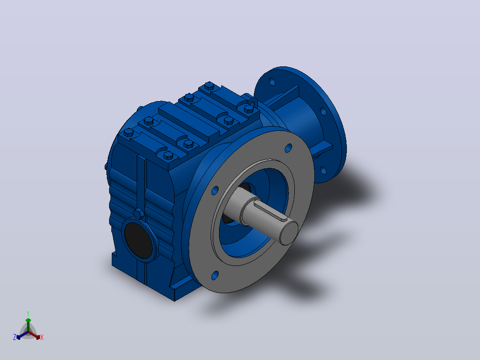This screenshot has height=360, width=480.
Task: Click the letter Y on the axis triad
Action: coord(28,313)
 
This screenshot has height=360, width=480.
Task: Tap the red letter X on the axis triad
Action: coord(42,337)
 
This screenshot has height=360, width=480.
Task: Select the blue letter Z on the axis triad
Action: coord(15,337)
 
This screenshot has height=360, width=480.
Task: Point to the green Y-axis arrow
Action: coord(28,325)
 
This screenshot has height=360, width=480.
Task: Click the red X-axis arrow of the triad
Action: coord(34,335)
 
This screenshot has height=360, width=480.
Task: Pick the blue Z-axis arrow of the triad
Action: coord(22,335)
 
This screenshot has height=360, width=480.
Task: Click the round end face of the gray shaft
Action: coord(289,233)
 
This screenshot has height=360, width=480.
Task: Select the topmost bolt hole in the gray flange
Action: coord(289,148)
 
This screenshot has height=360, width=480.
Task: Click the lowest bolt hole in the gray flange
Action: coord(215,275)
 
